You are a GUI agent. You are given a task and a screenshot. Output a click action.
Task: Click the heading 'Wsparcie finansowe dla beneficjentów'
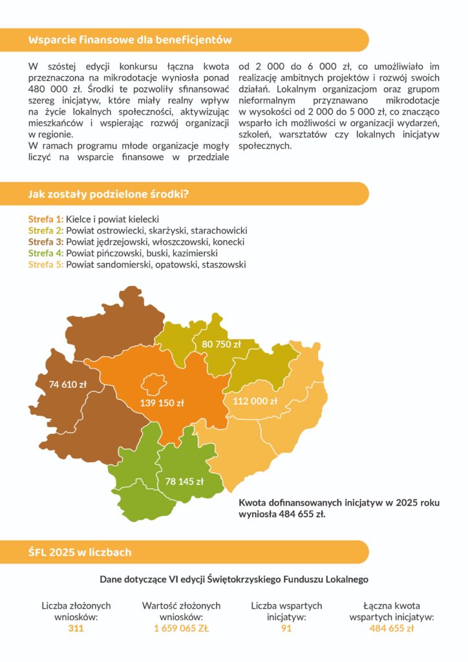pyautogui.click(x=129, y=40)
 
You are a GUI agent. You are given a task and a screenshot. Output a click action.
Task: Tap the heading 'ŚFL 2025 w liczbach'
pyautogui.click(x=80, y=552)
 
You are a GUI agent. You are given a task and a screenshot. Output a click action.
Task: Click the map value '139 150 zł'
pyautogui.click(x=162, y=403)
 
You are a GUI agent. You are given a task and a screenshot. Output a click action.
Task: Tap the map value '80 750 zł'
pyautogui.click(x=221, y=344)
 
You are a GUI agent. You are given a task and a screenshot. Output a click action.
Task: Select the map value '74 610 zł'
pyautogui.click(x=68, y=385)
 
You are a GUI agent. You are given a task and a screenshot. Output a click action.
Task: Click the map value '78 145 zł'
pyautogui.click(x=184, y=481)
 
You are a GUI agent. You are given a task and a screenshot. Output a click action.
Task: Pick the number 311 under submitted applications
pyautogui.click(x=76, y=628)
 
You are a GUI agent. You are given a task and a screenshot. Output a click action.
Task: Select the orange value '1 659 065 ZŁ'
pyautogui.click(x=181, y=628)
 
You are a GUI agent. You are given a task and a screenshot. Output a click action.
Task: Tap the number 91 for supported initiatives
pyautogui.click(x=286, y=628)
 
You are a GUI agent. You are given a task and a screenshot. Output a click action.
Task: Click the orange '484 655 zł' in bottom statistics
pyautogui.click(x=391, y=628)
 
